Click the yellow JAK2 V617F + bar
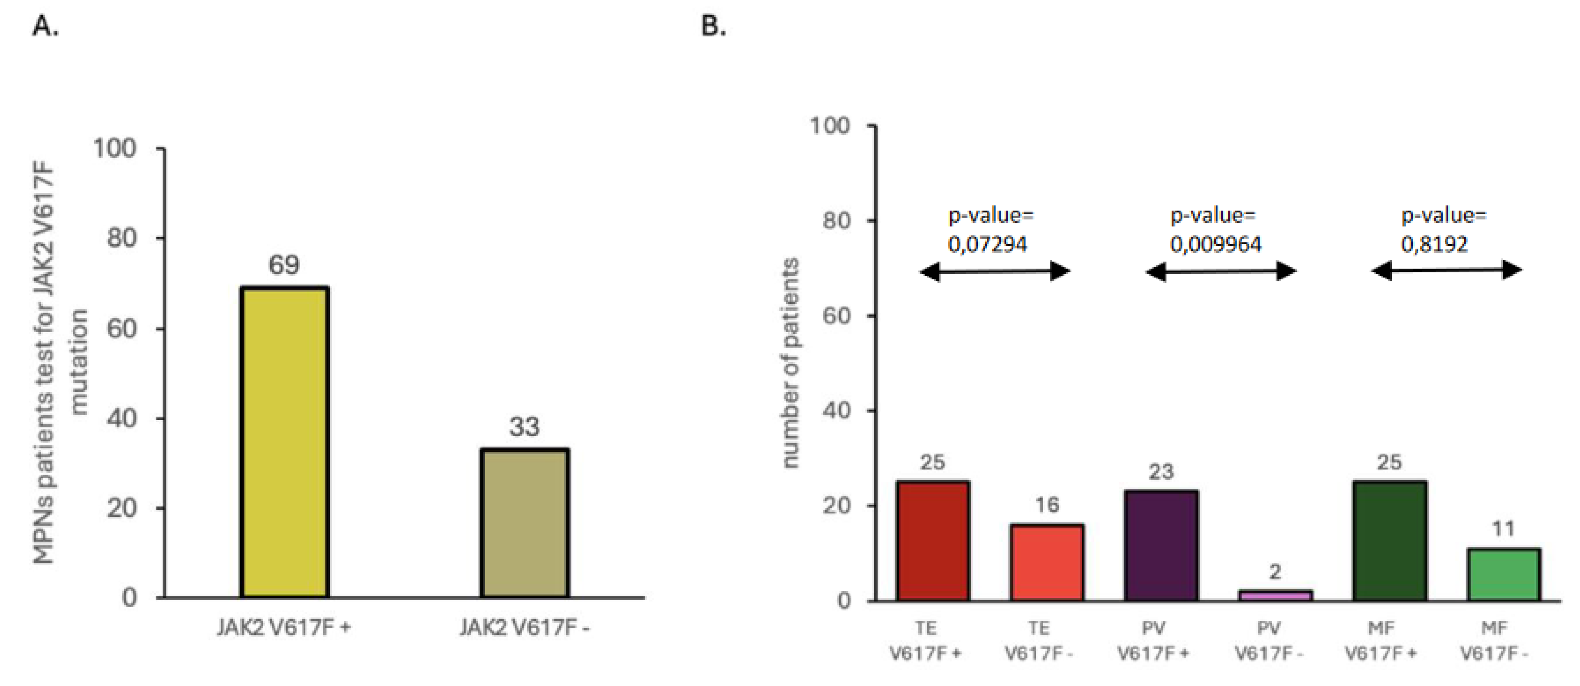pos(284,442)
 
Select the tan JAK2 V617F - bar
pos(524,523)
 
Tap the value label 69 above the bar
pos(284,265)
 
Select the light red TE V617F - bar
pos(1046,562)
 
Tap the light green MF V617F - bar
pos(1503,574)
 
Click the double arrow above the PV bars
pos(1221,271)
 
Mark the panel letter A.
pos(46,26)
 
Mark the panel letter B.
pos(713,26)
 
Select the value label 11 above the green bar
pos(1503,529)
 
